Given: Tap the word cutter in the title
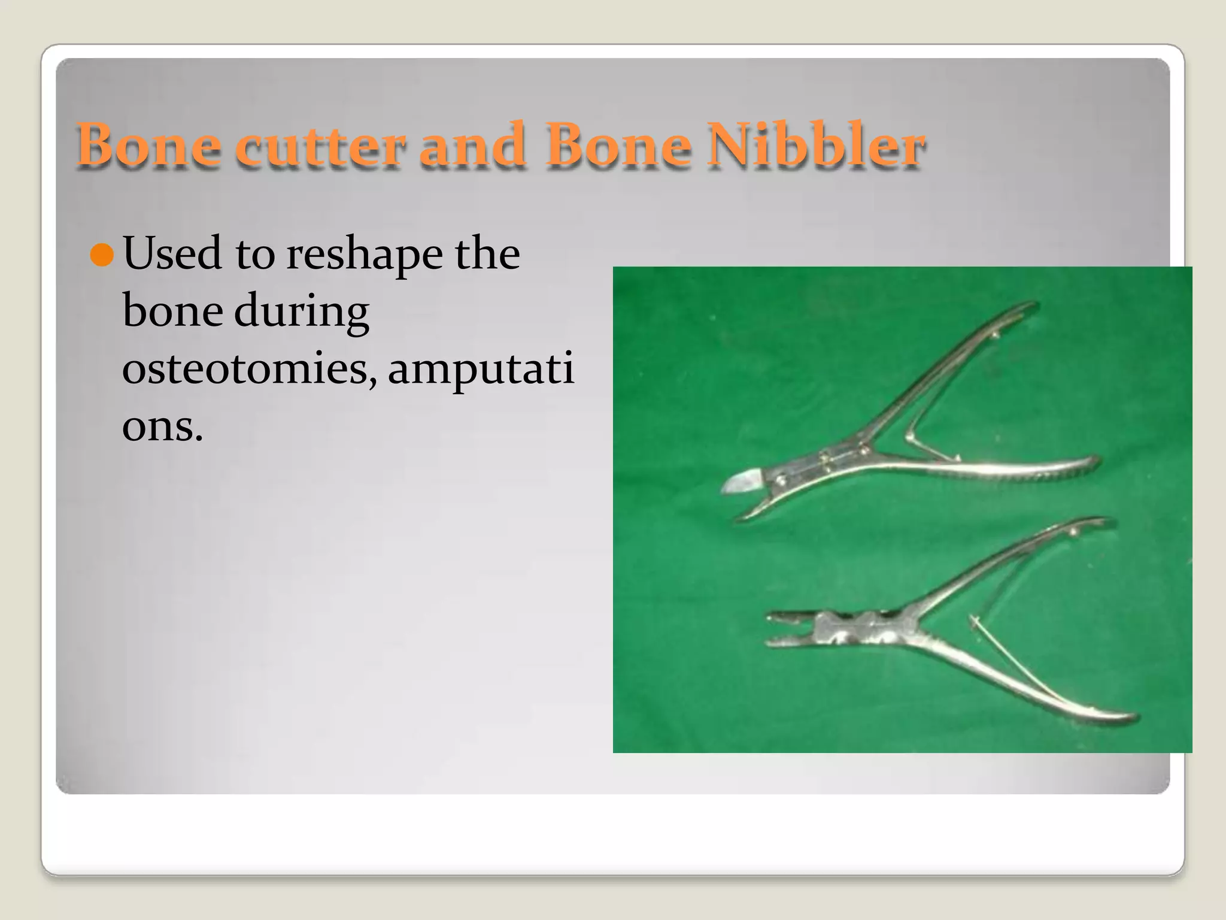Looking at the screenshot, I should click(x=320, y=146).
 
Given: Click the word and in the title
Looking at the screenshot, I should click(x=472, y=146).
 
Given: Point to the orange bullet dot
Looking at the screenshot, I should click(x=102, y=255).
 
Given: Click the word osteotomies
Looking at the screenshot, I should click(x=249, y=368).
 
